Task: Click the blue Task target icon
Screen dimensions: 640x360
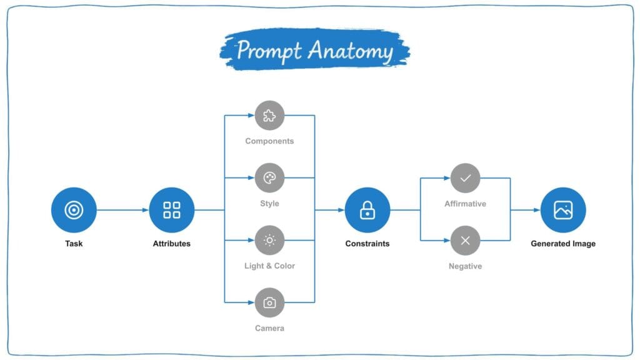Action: pyautogui.click(x=74, y=210)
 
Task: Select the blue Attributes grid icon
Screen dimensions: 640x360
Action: pyautogui.click(x=172, y=210)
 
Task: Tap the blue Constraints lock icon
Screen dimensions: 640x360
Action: pyautogui.click(x=367, y=210)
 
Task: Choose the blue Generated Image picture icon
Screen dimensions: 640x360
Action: pyautogui.click(x=563, y=210)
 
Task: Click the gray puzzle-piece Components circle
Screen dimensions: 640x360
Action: pyautogui.click(x=269, y=116)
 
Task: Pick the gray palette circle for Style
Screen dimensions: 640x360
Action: pyautogui.click(x=269, y=178)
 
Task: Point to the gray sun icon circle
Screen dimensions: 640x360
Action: pyautogui.click(x=269, y=241)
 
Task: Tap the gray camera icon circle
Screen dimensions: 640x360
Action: pyautogui.click(x=269, y=303)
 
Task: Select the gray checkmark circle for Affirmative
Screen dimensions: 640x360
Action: pyautogui.click(x=465, y=178)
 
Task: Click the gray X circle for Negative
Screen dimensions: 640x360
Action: pyautogui.click(x=465, y=241)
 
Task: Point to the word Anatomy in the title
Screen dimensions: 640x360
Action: pyautogui.click(x=351, y=51)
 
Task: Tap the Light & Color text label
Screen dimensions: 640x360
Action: pyautogui.click(x=269, y=266)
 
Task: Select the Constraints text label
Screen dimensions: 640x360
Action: pyautogui.click(x=367, y=244)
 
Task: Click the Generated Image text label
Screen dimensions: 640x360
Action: pyautogui.click(x=563, y=244)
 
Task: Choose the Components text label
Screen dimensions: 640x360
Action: pyautogui.click(x=269, y=141)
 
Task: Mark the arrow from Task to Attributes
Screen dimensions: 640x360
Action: pyautogui.click(x=123, y=210)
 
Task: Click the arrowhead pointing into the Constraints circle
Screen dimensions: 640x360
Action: pyautogui.click(x=341, y=210)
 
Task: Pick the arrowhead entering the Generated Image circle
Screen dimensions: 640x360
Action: pyautogui.click(x=537, y=210)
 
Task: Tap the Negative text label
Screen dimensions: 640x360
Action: pyautogui.click(x=465, y=266)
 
